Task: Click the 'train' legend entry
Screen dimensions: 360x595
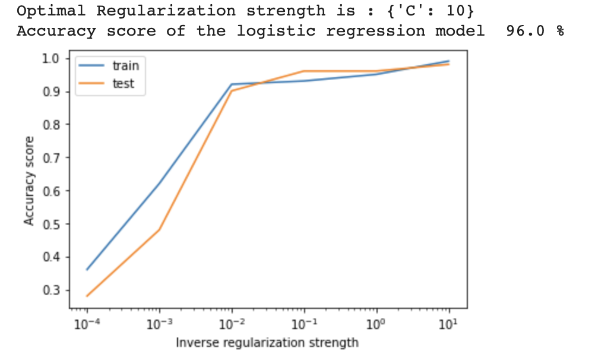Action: click(x=124, y=66)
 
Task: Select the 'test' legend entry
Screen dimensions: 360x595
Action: click(x=123, y=84)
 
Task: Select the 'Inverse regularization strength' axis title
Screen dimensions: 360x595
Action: click(x=267, y=343)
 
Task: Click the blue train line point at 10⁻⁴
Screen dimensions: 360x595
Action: click(x=87, y=270)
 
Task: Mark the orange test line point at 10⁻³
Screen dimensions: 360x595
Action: click(x=159, y=230)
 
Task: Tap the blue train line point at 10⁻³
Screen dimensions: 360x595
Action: click(x=159, y=184)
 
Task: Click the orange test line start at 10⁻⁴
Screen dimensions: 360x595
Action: click(x=87, y=296)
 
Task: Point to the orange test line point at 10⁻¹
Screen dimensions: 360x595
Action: click(x=304, y=71)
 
